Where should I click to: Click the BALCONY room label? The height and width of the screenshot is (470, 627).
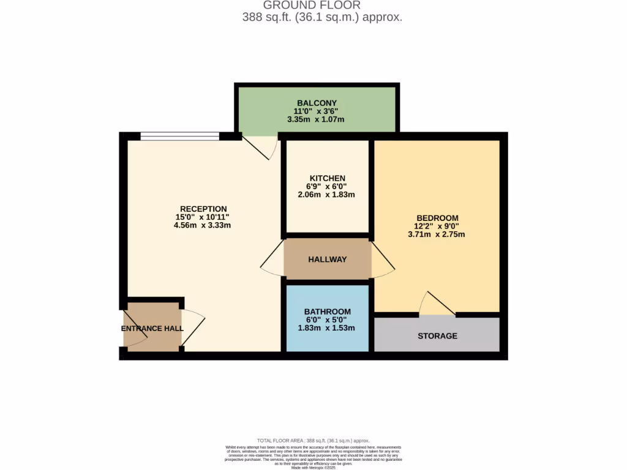pos(317,103)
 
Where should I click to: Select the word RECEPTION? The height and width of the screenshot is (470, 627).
pos(203,209)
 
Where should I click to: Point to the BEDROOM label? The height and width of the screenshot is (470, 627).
pos(437,218)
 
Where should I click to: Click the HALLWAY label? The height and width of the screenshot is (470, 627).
pos(327,259)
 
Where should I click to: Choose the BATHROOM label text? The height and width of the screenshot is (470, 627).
pos(327,311)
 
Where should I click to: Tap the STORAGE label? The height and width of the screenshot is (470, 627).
pos(437,336)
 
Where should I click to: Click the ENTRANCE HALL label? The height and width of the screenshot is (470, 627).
pos(152,329)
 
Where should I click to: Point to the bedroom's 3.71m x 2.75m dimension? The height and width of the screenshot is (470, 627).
pos(437,234)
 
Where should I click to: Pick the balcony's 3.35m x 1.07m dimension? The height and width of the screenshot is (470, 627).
pos(317,119)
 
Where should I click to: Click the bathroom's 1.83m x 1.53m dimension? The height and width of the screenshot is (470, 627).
pos(327,328)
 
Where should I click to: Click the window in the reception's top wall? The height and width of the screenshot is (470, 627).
pos(179,136)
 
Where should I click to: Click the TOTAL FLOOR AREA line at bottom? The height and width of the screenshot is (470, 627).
pos(313,441)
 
